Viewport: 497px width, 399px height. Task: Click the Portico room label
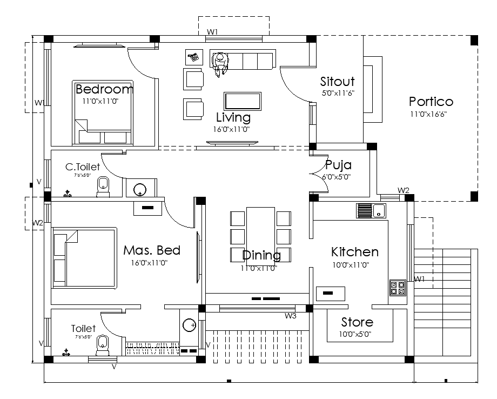(431, 102)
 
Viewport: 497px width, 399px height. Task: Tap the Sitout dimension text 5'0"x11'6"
(337, 94)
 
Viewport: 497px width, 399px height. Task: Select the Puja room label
(339, 165)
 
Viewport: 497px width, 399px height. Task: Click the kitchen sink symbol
(371, 210)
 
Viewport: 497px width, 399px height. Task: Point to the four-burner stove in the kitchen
(398, 288)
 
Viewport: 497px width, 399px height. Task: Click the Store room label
(357, 323)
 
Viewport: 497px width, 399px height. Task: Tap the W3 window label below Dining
(291, 316)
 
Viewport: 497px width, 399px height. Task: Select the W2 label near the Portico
(403, 190)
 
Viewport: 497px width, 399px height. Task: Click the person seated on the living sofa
(220, 63)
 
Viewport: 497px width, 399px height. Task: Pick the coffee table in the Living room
(243, 101)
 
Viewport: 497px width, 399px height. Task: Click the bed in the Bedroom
(103, 112)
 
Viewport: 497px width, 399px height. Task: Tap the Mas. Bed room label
(152, 251)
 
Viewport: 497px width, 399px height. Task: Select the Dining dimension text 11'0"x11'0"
(259, 268)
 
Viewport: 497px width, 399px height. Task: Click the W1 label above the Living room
(212, 32)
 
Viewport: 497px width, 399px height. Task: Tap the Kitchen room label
(354, 252)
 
